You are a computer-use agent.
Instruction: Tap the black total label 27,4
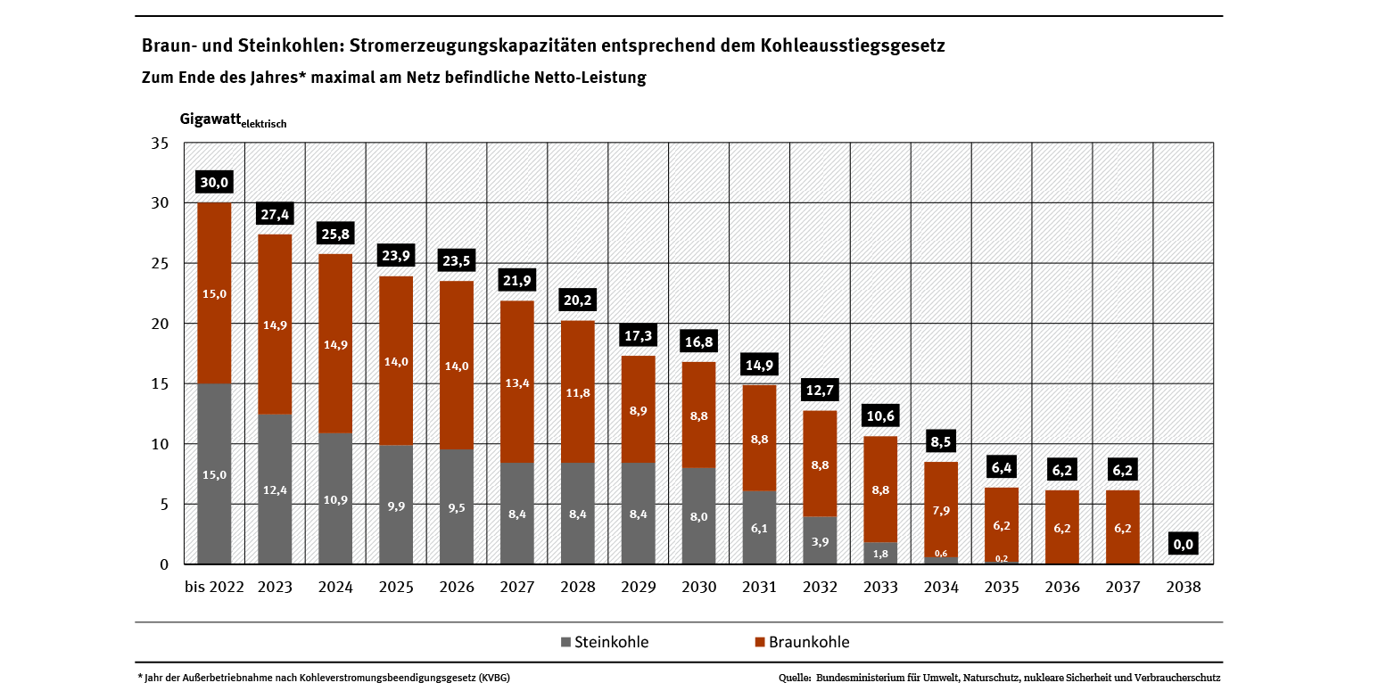274,215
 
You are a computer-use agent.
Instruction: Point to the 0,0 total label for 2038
1183,545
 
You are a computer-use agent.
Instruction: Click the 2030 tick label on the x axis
698,588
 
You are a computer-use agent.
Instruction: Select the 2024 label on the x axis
335,588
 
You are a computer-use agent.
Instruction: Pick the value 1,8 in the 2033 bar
879,554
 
